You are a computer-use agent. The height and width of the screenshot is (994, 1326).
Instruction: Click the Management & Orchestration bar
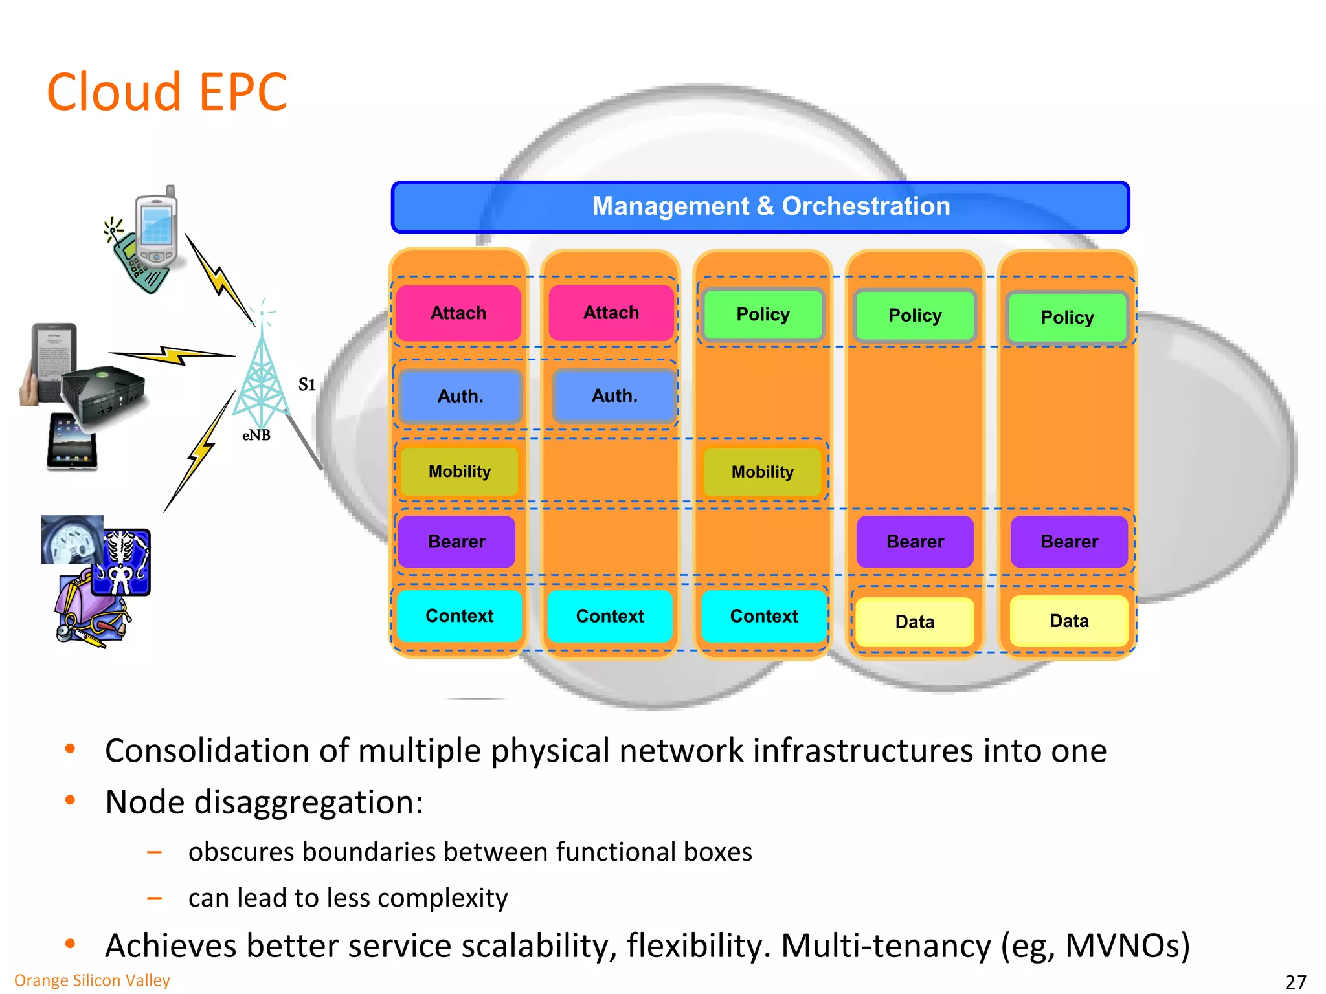coord(760,207)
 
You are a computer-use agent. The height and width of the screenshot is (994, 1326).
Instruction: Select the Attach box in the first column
coord(458,313)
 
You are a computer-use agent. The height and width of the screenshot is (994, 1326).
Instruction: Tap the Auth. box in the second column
coord(614,395)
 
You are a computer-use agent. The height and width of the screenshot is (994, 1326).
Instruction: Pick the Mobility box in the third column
coord(762,472)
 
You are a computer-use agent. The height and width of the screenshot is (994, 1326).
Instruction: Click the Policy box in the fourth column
coord(914,316)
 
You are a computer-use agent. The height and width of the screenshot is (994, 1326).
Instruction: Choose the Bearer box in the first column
coord(456,542)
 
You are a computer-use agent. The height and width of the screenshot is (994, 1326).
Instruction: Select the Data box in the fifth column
coord(1068,621)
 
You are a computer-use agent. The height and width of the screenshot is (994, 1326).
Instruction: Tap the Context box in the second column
coord(610,616)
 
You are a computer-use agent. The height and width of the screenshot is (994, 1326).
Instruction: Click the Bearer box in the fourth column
coord(914,542)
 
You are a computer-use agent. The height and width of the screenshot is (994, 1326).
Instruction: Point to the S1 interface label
coord(307,385)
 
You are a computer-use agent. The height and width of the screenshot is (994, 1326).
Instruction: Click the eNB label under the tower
coord(256,436)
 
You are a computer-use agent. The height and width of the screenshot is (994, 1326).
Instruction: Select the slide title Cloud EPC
coord(167,93)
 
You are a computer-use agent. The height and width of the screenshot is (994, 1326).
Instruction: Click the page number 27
coord(1295,982)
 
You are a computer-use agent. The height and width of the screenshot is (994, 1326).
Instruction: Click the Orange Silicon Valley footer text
coord(92,980)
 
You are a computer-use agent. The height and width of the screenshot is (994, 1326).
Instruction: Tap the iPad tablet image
coord(71,442)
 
